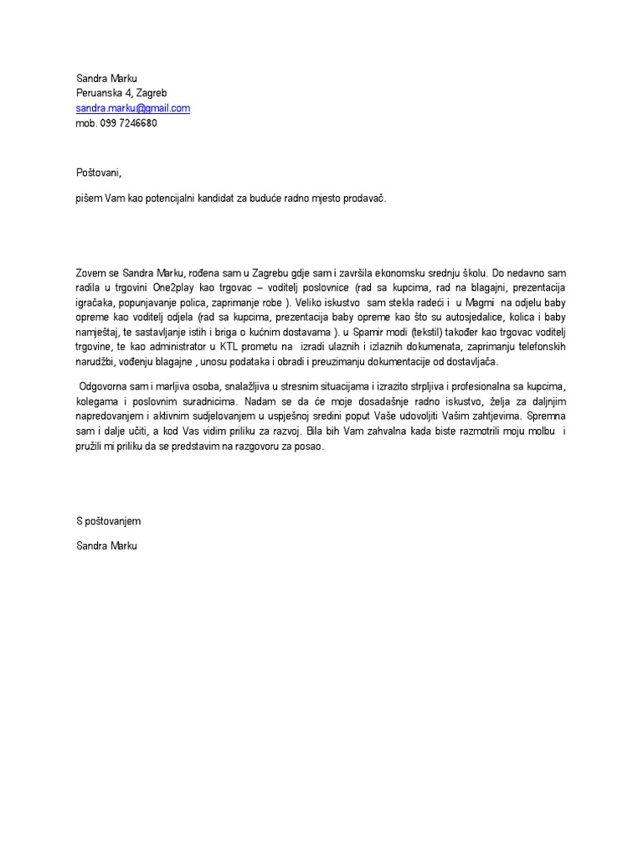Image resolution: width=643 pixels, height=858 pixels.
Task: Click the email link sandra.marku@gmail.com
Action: click(133, 108)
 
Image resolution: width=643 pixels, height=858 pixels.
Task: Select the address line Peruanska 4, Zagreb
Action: click(127, 93)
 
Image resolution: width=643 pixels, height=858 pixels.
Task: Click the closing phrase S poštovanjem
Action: click(108, 521)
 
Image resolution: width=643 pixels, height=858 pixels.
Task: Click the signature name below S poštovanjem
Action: click(105, 545)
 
